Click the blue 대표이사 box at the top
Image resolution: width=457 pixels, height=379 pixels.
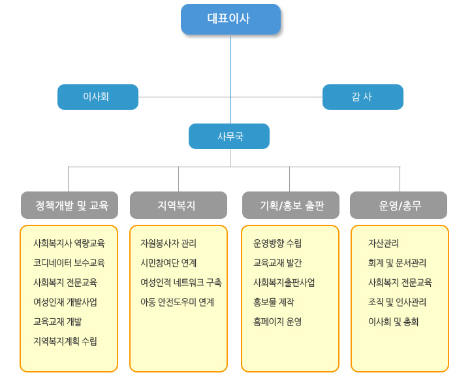230,19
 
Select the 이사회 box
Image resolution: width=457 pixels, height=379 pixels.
98,97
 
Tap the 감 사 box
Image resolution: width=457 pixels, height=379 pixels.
362,97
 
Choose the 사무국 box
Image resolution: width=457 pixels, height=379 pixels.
229,136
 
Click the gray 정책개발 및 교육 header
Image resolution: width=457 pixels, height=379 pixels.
69,205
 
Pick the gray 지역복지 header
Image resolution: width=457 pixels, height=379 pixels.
178,205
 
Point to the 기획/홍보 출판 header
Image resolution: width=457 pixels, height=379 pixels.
291,205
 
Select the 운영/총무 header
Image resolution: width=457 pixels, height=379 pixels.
398,205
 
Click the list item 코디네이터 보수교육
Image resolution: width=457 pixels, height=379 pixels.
69,263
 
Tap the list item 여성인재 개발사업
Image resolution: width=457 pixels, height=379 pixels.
65,302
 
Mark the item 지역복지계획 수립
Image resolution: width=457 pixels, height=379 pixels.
65,341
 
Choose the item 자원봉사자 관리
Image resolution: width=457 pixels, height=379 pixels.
168,243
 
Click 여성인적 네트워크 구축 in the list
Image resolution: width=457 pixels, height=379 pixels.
181,282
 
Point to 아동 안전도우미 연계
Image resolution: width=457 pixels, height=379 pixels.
177,302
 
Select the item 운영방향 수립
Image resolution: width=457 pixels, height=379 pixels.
277,243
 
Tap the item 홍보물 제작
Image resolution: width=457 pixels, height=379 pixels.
274,302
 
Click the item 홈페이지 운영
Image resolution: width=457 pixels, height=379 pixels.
277,321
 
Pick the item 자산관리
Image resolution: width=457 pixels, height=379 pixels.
383,243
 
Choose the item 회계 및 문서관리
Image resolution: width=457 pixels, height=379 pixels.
397,263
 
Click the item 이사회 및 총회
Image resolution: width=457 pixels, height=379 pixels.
393,321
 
